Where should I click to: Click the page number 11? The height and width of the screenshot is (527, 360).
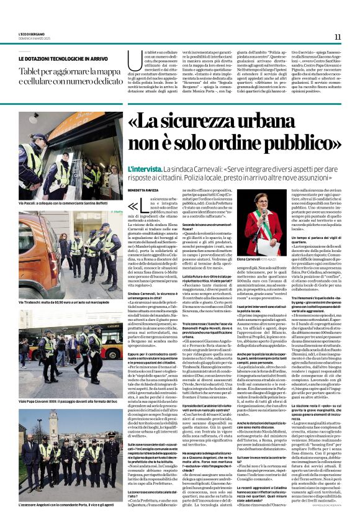tap(337, 37)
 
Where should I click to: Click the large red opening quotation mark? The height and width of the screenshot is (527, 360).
tap(132, 206)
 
